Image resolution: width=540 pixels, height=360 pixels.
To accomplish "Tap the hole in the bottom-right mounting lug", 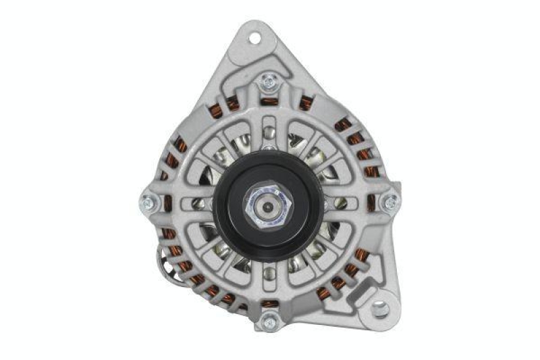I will (x=381, y=309).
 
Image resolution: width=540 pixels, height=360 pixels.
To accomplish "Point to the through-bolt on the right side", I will (x=389, y=202).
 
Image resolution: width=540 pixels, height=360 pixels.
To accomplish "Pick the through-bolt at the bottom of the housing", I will (x=269, y=321).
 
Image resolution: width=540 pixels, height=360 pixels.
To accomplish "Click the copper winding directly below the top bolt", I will (x=270, y=102).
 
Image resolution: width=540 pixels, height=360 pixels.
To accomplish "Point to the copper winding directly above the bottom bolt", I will (x=269, y=303).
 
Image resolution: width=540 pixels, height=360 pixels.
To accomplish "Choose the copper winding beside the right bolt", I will (x=371, y=202).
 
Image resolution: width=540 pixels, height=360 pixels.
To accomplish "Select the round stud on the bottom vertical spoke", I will (x=269, y=273).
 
